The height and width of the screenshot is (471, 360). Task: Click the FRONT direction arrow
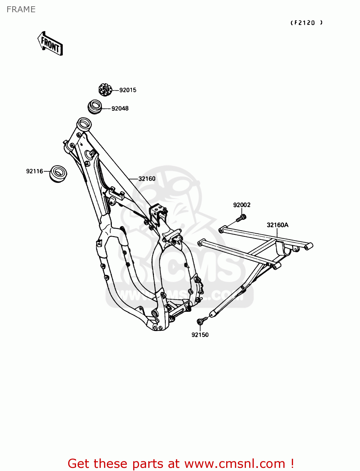pyautogui.click(x=50, y=44)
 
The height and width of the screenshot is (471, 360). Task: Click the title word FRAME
pyautogui.click(x=21, y=9)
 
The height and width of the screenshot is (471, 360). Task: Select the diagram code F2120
pyautogui.click(x=306, y=23)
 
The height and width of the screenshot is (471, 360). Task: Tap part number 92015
pyautogui.click(x=128, y=90)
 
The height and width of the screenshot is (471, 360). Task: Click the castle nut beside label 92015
pyautogui.click(x=105, y=90)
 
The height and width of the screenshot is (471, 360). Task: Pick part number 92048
pyautogui.click(x=120, y=108)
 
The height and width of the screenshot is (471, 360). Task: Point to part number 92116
pyautogui.click(x=35, y=171)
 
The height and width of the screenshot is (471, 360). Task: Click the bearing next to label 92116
pyautogui.click(x=58, y=173)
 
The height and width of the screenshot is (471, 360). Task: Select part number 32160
pyautogui.click(x=147, y=179)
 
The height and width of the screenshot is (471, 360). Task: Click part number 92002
pyautogui.click(x=242, y=205)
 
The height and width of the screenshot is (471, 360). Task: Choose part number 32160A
pyautogui.click(x=277, y=225)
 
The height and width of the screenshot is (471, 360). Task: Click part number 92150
pyautogui.click(x=200, y=335)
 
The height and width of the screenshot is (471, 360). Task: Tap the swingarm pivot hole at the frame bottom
pyautogui.click(x=155, y=314)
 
